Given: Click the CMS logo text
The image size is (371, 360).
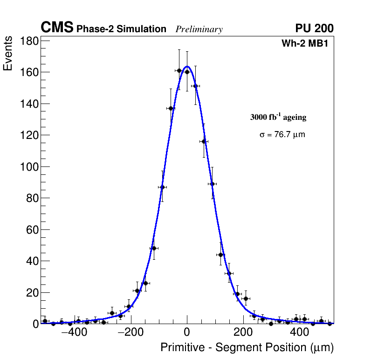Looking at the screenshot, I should [x=57, y=28].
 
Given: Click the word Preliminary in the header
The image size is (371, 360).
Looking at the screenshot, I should [x=199, y=29].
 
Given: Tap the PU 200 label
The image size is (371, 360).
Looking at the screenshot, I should [x=314, y=28].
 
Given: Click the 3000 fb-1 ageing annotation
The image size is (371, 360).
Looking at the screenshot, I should [x=278, y=117].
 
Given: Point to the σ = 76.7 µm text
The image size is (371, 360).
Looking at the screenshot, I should [x=282, y=135].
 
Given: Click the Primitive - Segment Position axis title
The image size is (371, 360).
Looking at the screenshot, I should [x=247, y=348].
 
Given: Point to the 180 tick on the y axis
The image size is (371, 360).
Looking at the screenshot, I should [x=29, y=41].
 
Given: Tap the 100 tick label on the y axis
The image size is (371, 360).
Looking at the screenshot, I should [x=29, y=167].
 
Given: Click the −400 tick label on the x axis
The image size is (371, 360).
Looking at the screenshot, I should [x=71, y=333].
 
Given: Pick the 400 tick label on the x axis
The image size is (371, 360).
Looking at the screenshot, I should [x=300, y=333].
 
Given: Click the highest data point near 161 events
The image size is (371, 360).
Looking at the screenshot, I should [x=179, y=70].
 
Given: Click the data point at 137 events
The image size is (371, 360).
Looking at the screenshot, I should [x=171, y=108].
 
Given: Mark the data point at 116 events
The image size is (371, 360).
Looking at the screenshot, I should [x=204, y=141].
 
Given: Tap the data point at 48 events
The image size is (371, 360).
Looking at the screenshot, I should [x=154, y=248].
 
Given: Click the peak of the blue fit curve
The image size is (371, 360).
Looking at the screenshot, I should [x=187, y=67].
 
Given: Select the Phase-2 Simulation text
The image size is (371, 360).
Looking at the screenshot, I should [x=121, y=29].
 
